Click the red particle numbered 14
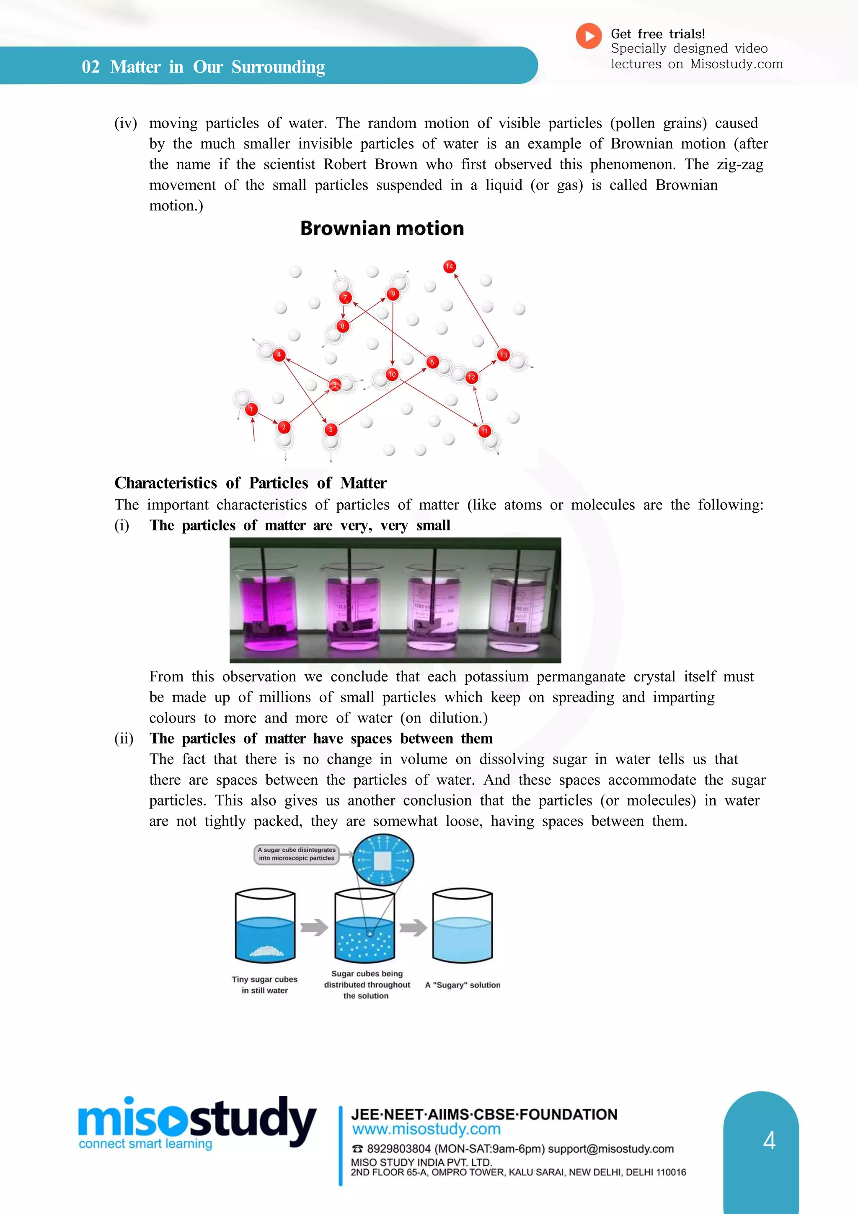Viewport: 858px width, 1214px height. pos(449,266)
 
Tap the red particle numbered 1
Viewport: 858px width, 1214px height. pos(251,409)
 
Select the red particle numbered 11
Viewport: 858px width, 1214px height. pos(484,431)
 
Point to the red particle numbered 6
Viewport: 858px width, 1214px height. pos(432,362)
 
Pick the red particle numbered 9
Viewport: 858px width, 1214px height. pos(393,294)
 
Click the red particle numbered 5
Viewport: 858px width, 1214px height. pos(331,429)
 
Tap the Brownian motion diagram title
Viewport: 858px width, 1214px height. pos(382,229)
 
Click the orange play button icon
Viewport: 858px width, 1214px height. pos(589,36)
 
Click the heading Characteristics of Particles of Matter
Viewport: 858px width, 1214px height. pos(251,483)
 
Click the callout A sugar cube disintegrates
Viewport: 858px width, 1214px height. pos(296,853)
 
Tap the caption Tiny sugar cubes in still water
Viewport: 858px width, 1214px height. pos(265,985)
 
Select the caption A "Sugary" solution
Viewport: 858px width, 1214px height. pos(463,985)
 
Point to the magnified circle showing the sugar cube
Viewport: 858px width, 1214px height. pos(382,860)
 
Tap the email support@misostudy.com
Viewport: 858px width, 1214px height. pos(611,1149)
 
